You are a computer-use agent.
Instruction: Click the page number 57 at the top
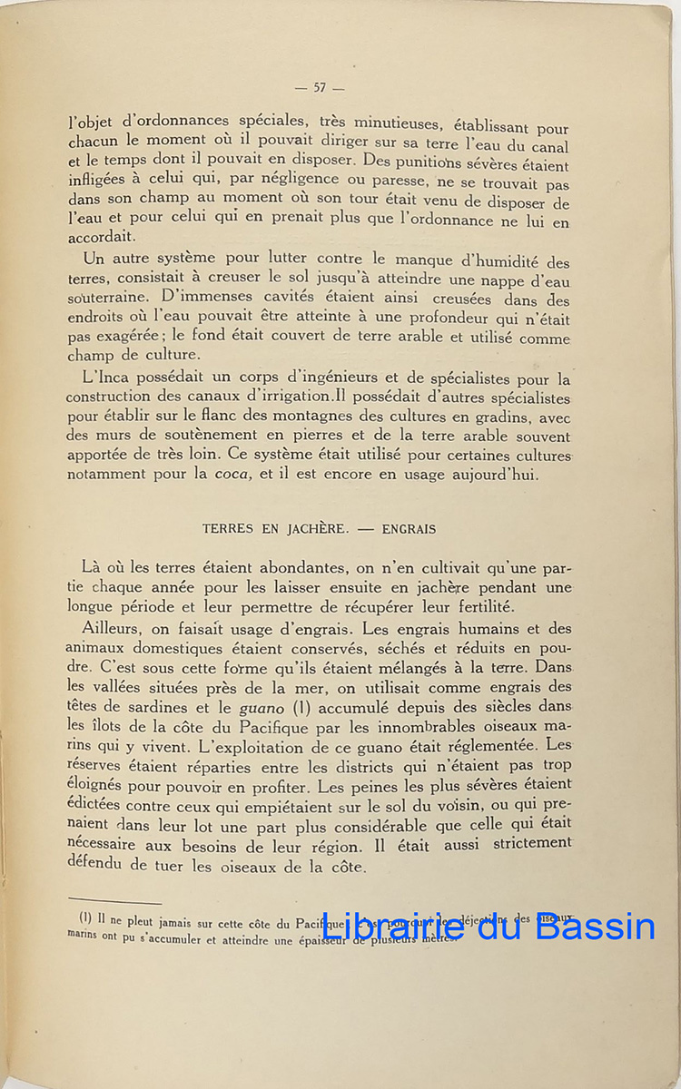tap(319, 87)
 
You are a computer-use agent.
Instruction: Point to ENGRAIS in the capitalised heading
tap(409, 529)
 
